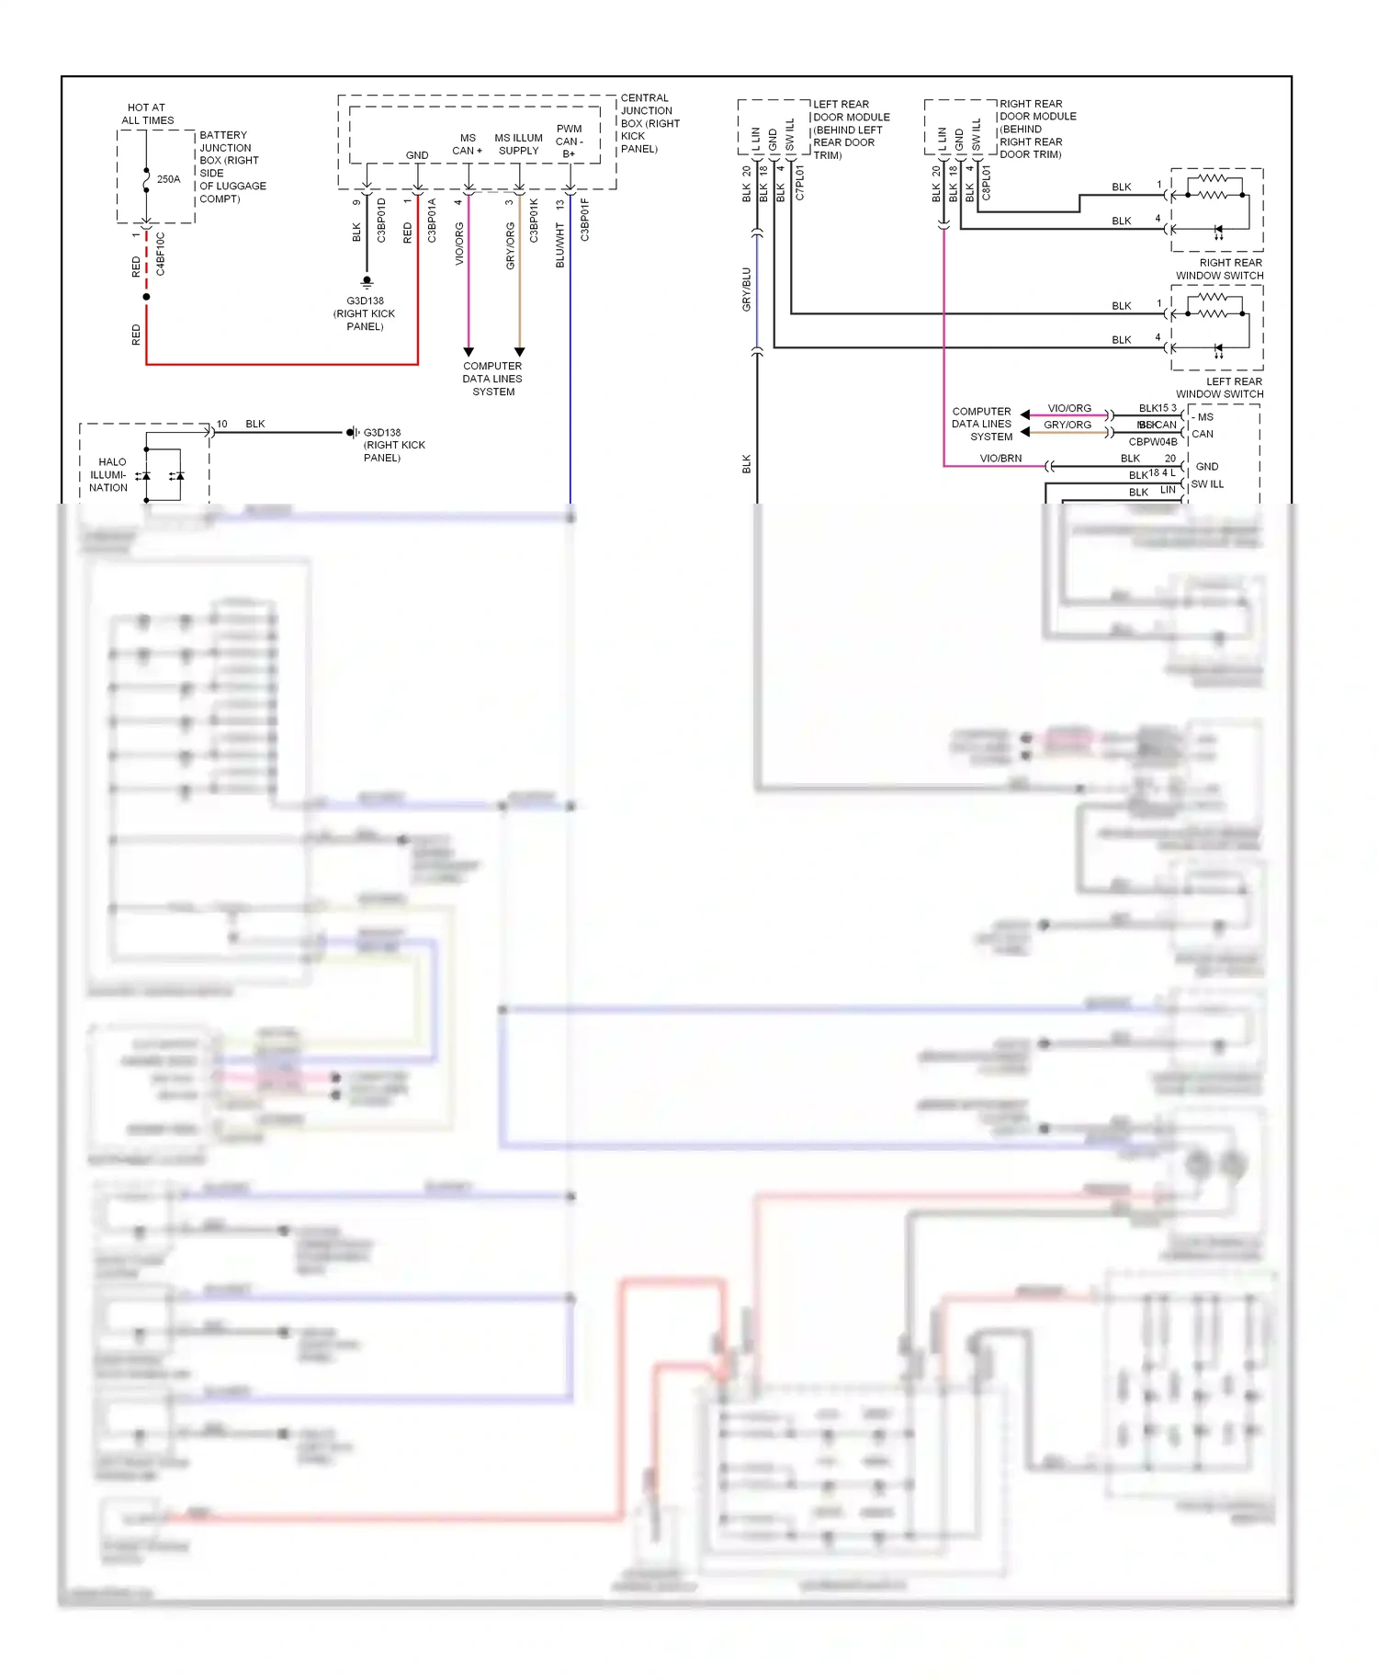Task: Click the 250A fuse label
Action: coord(168,179)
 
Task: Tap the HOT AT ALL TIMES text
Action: coord(147,114)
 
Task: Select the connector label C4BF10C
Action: coord(161,254)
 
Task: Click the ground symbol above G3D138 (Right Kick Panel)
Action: coord(367,281)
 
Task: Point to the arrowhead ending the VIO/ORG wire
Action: coord(468,352)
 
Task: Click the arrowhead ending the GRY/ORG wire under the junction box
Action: coord(519,352)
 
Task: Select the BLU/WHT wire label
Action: coord(559,244)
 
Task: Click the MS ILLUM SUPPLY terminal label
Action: coord(518,144)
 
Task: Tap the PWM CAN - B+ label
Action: coord(569,142)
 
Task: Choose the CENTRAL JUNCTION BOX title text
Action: coord(649,123)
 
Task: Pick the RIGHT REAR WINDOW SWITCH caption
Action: coord(1219,269)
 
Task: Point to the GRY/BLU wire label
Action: coord(746,289)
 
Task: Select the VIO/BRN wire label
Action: coord(1000,458)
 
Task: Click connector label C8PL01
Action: coord(986,183)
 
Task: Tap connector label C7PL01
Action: coord(799,183)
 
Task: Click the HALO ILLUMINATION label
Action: coord(109,474)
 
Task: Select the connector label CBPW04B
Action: coord(1152,442)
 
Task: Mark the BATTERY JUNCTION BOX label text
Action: coord(232,166)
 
